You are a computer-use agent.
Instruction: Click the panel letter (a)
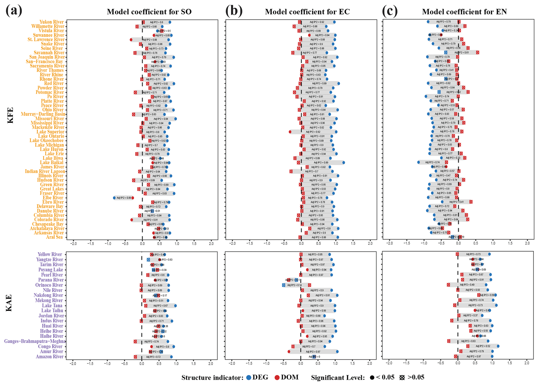point(14,11)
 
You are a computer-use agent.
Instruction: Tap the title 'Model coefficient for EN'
point(464,12)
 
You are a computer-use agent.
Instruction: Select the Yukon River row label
point(51,22)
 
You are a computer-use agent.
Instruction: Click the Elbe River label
point(53,198)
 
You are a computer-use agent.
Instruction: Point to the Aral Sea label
point(54,237)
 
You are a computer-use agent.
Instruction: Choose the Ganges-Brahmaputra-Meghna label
point(35,341)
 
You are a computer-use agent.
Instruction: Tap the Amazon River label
point(50,357)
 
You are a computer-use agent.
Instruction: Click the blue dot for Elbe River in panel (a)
point(114,198)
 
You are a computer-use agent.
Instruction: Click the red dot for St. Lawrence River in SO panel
point(131,40)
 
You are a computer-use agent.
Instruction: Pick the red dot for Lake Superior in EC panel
point(290,132)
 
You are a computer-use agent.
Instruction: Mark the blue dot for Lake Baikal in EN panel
point(419,162)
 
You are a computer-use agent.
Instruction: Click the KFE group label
point(10,115)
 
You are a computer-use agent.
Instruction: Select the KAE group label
point(9,303)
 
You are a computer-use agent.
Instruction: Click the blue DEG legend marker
point(249,378)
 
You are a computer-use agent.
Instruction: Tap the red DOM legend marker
point(277,378)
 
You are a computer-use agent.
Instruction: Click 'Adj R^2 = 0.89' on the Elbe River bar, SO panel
point(124,198)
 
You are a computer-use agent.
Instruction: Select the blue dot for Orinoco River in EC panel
point(283,285)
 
